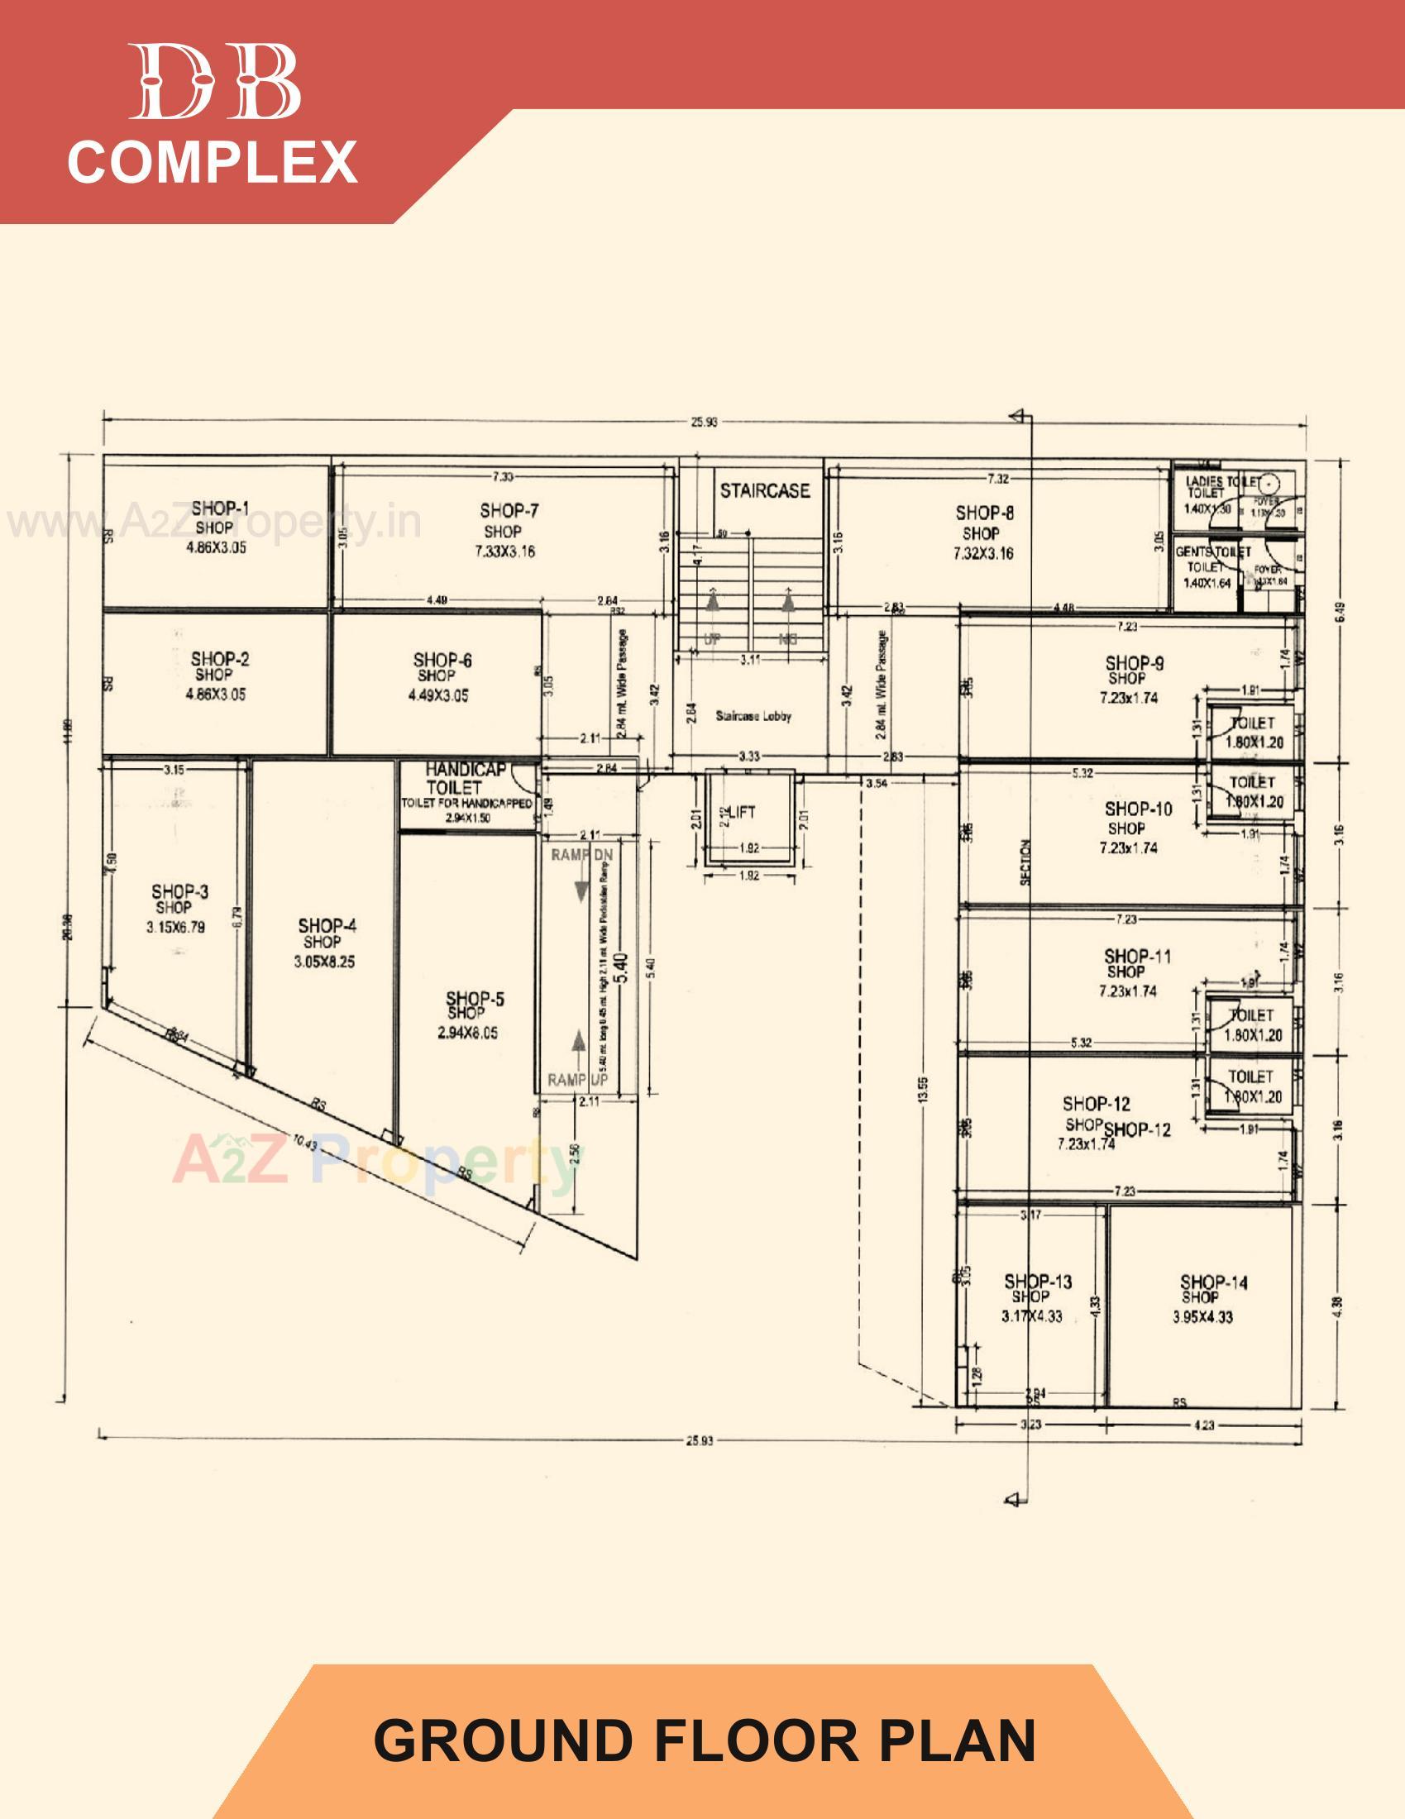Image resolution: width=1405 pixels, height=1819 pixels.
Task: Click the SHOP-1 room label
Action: [x=220, y=508]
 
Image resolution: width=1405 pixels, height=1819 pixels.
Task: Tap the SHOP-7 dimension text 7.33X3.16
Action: [x=504, y=551]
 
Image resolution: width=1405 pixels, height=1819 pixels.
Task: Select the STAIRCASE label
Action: [x=765, y=490]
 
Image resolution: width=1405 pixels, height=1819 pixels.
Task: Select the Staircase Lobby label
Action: [x=753, y=716]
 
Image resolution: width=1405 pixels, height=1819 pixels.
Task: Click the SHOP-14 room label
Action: [x=1213, y=1282]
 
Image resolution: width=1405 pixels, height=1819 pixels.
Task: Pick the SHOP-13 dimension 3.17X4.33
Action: [x=1031, y=1317]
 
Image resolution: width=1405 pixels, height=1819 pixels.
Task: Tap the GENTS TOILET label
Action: [x=1212, y=552]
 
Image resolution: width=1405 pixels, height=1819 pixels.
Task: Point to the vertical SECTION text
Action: [x=1025, y=862]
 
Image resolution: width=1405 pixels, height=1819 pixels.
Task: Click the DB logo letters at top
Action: [x=215, y=82]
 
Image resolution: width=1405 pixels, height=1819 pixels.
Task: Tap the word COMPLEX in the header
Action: [x=213, y=161]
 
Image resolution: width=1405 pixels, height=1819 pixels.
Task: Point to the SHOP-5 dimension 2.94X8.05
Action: [x=468, y=1033]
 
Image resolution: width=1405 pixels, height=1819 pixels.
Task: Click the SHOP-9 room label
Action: [x=1135, y=663]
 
